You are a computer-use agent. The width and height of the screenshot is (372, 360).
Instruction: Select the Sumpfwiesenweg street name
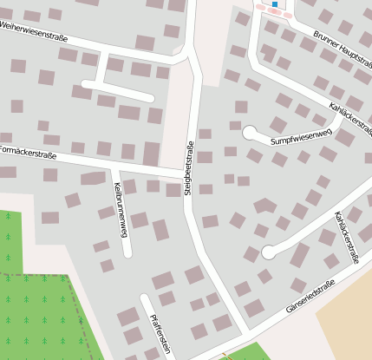(301, 137)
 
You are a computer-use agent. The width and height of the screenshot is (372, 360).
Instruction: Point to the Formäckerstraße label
(28, 154)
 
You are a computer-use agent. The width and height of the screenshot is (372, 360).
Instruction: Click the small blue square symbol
(275, 4)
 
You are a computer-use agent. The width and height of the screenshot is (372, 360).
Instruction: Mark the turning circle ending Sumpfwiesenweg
(251, 133)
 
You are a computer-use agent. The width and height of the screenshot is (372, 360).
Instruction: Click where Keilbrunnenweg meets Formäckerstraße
(114, 165)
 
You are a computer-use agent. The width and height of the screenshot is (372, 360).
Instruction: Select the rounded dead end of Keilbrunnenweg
(127, 253)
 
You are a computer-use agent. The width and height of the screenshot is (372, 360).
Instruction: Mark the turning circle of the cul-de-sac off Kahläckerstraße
(269, 252)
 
